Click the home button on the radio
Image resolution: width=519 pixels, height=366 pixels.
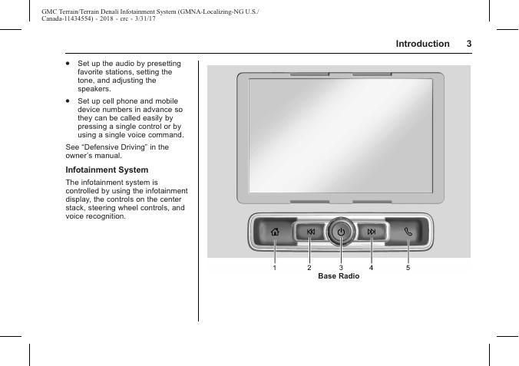click(276, 232)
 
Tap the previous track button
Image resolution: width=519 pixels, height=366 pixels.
click(310, 232)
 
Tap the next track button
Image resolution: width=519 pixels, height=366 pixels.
click(371, 232)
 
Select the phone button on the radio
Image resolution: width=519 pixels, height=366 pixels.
click(408, 232)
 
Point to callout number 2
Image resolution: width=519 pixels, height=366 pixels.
click(309, 268)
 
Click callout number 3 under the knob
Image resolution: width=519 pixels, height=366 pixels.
click(341, 268)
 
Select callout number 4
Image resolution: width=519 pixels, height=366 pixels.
click(371, 268)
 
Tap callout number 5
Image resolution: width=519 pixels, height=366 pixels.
click(408, 268)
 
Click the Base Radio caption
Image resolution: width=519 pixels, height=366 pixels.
click(339, 276)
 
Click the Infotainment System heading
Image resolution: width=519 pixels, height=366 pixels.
click(107, 170)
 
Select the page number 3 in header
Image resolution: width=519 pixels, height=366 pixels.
click(468, 44)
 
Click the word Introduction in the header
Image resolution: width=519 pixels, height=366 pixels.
click(422, 44)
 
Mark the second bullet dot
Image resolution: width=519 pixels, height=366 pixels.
click(68, 101)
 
